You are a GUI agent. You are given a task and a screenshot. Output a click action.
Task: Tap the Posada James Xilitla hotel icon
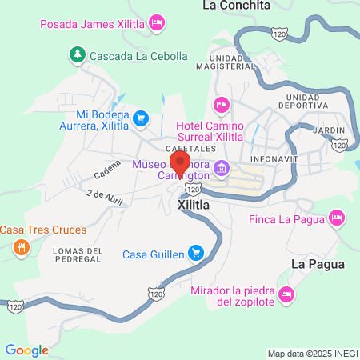[x=158, y=21]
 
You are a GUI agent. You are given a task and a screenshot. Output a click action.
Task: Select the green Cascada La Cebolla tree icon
[x=77, y=56]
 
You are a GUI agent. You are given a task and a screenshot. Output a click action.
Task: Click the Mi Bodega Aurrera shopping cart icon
[x=141, y=118]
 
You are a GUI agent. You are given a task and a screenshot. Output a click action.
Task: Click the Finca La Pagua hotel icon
[x=338, y=218]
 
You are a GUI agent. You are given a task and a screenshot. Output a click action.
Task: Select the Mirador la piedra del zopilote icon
[x=289, y=296]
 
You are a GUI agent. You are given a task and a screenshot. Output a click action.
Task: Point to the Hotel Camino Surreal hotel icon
[x=222, y=105]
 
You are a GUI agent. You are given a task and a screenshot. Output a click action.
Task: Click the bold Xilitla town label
[x=194, y=205]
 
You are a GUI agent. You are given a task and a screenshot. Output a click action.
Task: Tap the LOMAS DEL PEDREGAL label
[x=78, y=257]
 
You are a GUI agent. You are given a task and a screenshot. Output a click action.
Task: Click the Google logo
[x=26, y=350]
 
